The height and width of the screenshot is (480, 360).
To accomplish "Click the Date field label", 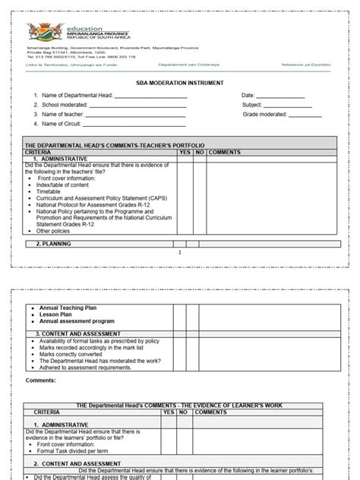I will tap(248, 95).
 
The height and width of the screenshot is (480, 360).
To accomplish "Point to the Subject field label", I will tap(253, 104).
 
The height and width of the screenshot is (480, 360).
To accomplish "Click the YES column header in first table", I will tap(185, 153).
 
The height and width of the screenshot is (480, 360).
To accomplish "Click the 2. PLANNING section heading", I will tap(57, 244).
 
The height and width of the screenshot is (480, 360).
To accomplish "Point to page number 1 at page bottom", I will tap(180, 253).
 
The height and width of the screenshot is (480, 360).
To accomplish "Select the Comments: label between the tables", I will tap(41, 379).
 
